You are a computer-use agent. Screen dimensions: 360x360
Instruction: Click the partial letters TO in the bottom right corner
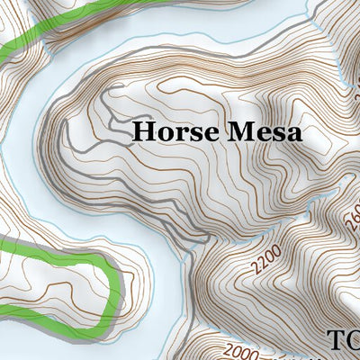pyautogui.click(x=343, y=340)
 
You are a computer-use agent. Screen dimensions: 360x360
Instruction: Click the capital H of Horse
pyautogui.click(x=143, y=132)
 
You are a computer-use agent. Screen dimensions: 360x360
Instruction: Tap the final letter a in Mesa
pyautogui.click(x=294, y=134)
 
